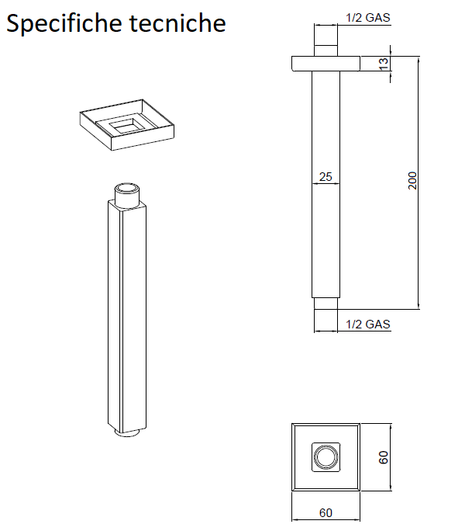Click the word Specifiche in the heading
pyautogui.click(x=64, y=24)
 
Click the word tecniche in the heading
pyautogui.click(x=177, y=23)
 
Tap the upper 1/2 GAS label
pyautogui.click(x=368, y=18)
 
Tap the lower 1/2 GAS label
pyautogui.click(x=368, y=324)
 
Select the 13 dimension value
pyautogui.click(x=383, y=64)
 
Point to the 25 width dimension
pyautogui.click(x=326, y=176)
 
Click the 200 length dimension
pyautogui.click(x=412, y=181)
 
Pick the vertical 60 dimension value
pyautogui.click(x=383, y=456)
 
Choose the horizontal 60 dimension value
pyautogui.click(x=326, y=512)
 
